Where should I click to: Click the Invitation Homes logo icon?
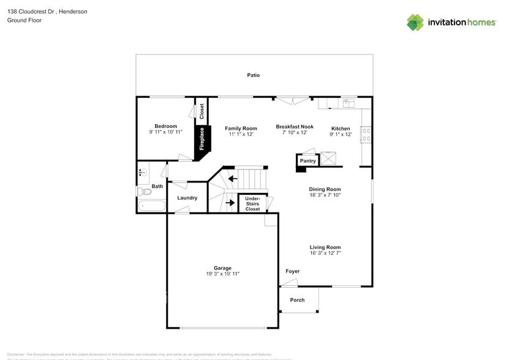[415, 23]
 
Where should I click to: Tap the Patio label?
[254, 75]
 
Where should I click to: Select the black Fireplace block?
[202, 139]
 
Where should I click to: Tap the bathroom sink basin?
[142, 173]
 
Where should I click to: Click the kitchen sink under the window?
[349, 102]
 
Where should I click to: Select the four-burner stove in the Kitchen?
[366, 134]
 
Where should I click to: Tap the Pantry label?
[307, 161]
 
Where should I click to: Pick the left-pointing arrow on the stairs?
[233, 179]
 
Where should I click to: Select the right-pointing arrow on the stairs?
[230, 202]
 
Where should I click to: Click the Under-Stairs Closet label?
[252, 204]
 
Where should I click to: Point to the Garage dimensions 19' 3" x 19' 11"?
[222, 274]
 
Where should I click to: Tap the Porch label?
[297, 300]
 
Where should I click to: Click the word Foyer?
[292, 271]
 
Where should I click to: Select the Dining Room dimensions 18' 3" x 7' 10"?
[325, 195]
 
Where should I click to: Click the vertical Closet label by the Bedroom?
[202, 111]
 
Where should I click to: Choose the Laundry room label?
[187, 198]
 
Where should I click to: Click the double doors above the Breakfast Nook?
[292, 100]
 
